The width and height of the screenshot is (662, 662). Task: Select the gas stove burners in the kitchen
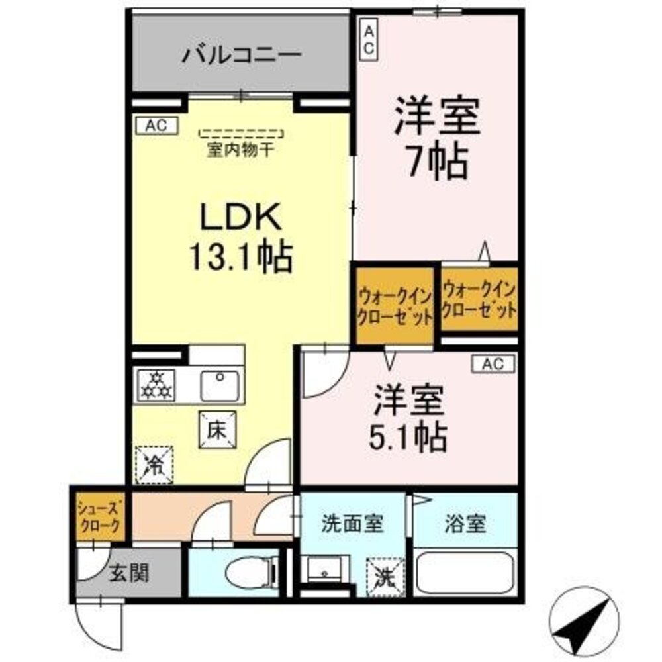click(x=156, y=385)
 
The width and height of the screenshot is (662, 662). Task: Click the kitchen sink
click(x=220, y=385)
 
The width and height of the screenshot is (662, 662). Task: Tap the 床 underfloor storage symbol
click(x=215, y=430)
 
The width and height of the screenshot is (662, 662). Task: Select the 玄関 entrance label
click(x=128, y=571)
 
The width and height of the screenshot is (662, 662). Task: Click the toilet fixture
click(x=250, y=572)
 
